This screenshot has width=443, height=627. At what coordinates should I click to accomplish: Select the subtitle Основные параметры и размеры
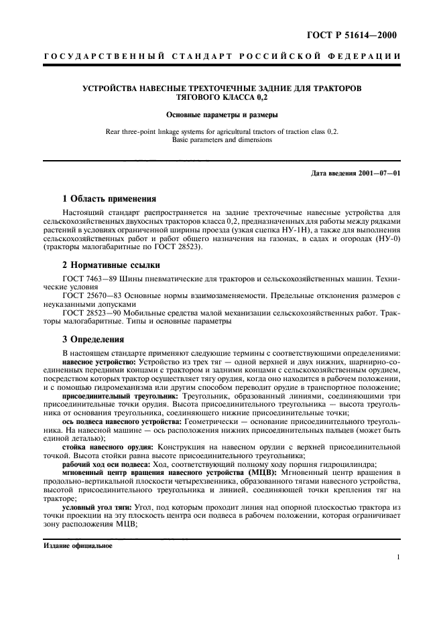pyautogui.click(x=222, y=115)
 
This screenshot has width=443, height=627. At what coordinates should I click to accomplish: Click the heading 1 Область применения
pyautogui.click(x=109, y=199)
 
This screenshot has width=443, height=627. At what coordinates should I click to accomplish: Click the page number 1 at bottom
pyautogui.click(x=398, y=557)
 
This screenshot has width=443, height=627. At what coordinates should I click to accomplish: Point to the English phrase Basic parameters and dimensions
pyautogui.click(x=222, y=141)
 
